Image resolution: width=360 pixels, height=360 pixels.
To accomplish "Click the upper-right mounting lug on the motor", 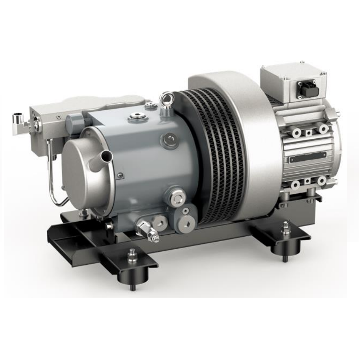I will pyautogui.click(x=324, y=129).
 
